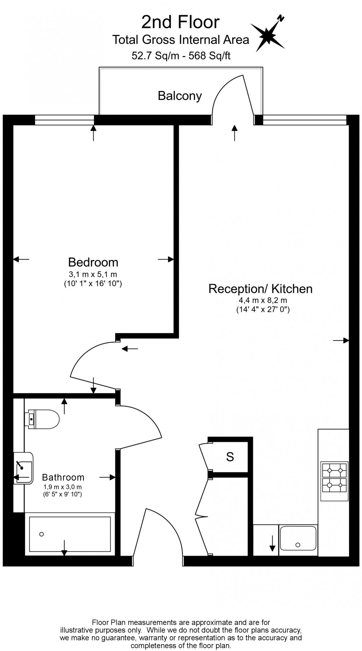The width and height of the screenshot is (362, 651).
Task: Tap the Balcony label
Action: (180, 96)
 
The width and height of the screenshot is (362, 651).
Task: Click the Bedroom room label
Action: (93, 262)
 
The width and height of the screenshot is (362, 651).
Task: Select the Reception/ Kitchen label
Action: (260, 289)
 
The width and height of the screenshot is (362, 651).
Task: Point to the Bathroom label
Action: (63, 477)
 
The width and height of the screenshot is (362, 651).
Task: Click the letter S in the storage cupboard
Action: (230, 457)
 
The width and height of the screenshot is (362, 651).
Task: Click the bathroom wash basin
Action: (24, 468)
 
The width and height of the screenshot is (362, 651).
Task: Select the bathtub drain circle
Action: (42, 534)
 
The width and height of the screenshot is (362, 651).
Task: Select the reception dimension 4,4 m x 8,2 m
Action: (263, 300)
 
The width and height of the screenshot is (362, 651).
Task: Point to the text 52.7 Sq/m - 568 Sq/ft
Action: (181, 56)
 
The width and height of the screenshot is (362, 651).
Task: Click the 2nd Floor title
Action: (180, 22)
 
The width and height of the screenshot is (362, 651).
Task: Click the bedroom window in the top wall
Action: (64, 120)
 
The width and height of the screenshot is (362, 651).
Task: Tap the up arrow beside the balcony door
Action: (235, 133)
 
